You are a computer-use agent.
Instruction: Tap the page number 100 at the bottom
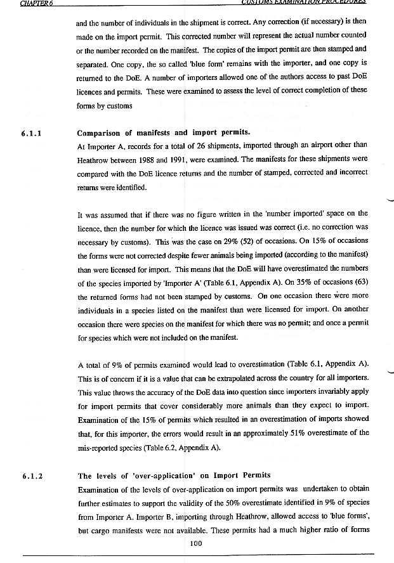click(x=196, y=541)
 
